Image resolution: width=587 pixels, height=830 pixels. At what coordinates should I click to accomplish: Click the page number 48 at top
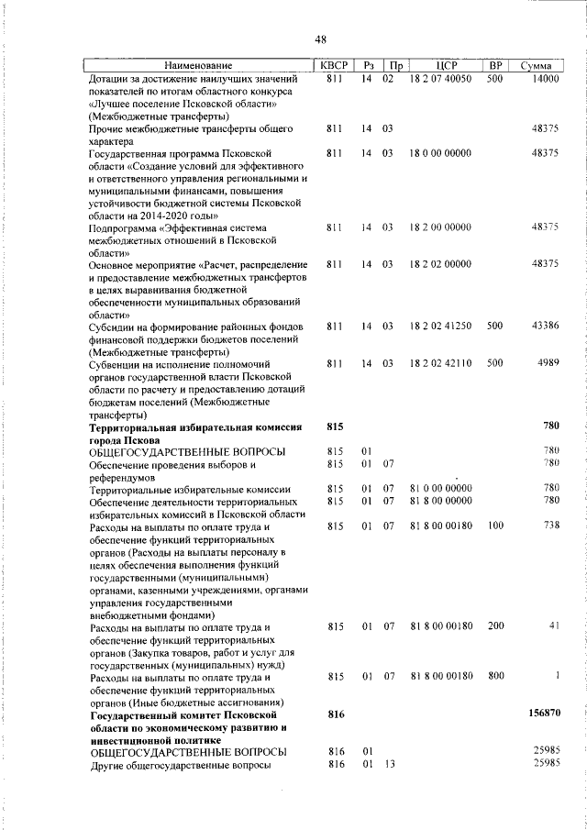pyautogui.click(x=320, y=39)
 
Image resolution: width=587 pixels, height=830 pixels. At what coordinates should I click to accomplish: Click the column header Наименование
pyautogui.click(x=198, y=65)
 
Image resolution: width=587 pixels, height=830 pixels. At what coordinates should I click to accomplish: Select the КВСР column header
pyautogui.click(x=333, y=65)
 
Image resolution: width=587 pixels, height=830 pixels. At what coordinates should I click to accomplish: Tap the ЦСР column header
pyautogui.click(x=447, y=65)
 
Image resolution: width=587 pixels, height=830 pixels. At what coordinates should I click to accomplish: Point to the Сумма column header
pyautogui.click(x=536, y=65)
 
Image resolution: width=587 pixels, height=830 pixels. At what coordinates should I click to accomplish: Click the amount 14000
pyautogui.click(x=544, y=79)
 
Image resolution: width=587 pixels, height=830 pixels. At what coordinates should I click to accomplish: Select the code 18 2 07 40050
pyautogui.click(x=440, y=79)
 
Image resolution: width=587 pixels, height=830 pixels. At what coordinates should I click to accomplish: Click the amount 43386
pyautogui.click(x=544, y=326)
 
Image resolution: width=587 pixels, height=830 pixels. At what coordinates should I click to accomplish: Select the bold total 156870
pyautogui.click(x=540, y=713)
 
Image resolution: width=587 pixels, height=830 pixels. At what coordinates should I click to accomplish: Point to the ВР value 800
pyautogui.click(x=495, y=676)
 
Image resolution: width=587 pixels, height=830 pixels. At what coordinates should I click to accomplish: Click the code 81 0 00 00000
pyautogui.click(x=440, y=489)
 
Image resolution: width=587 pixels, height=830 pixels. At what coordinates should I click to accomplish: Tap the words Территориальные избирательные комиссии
pyautogui.click(x=190, y=489)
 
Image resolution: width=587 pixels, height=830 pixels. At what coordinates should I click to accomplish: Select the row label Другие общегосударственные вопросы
pyautogui.click(x=180, y=763)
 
